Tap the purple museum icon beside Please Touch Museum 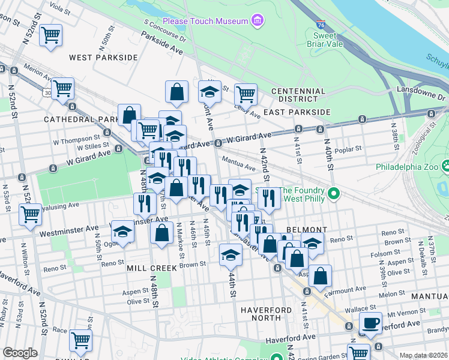[258, 22]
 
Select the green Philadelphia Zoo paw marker [445, 166]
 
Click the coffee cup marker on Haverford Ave [370, 323]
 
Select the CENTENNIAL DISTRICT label [298, 95]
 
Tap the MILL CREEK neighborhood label [151, 268]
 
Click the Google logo [20, 353]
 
